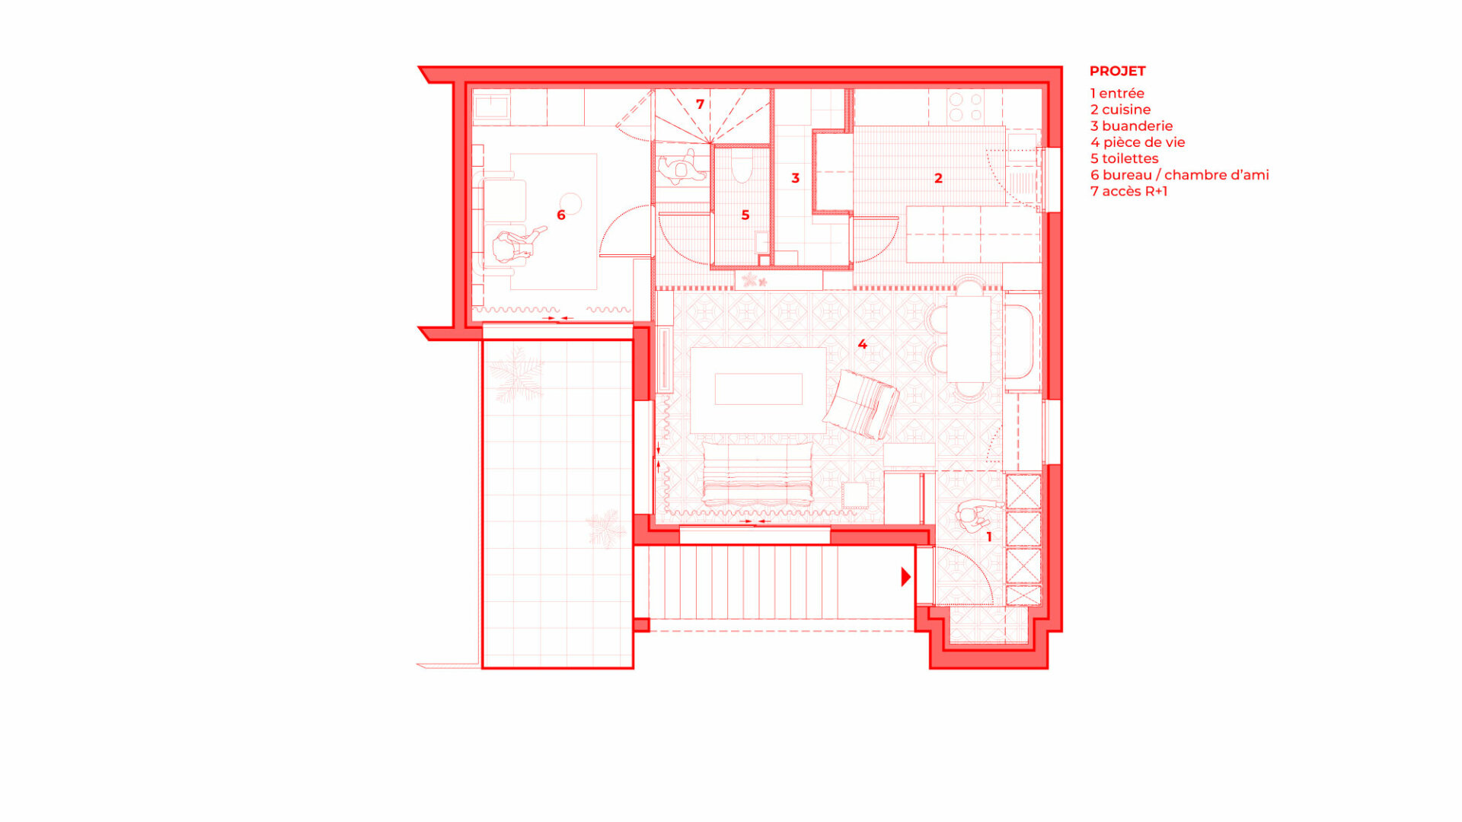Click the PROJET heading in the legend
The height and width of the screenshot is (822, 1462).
click(1117, 71)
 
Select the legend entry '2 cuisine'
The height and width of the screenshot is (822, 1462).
click(1120, 110)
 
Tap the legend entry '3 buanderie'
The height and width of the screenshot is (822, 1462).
click(1132, 126)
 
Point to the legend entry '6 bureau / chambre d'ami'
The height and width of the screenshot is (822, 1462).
click(1179, 175)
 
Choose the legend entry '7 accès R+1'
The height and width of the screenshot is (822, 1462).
click(1128, 191)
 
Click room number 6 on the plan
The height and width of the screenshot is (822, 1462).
click(561, 215)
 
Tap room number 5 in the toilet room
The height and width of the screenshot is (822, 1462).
click(745, 215)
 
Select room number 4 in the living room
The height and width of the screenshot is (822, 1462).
click(862, 344)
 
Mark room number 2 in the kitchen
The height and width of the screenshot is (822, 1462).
click(938, 178)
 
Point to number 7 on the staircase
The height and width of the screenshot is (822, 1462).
click(700, 104)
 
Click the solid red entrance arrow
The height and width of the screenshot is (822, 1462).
click(905, 576)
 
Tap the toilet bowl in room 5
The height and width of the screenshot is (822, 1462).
click(742, 166)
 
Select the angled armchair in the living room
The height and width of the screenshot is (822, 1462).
click(861, 404)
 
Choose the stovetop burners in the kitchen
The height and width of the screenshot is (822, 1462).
click(966, 107)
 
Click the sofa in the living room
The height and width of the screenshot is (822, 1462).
click(757, 473)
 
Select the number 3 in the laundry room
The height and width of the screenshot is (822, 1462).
click(795, 178)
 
